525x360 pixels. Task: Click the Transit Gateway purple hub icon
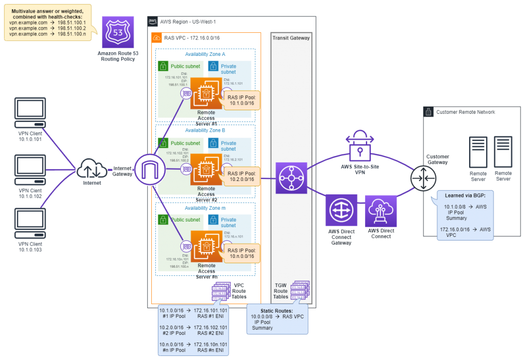[x=291, y=178]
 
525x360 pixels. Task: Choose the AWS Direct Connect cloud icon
[x=381, y=210]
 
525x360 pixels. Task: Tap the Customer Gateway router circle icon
[x=423, y=179]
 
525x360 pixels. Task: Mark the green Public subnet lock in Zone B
[x=164, y=143]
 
